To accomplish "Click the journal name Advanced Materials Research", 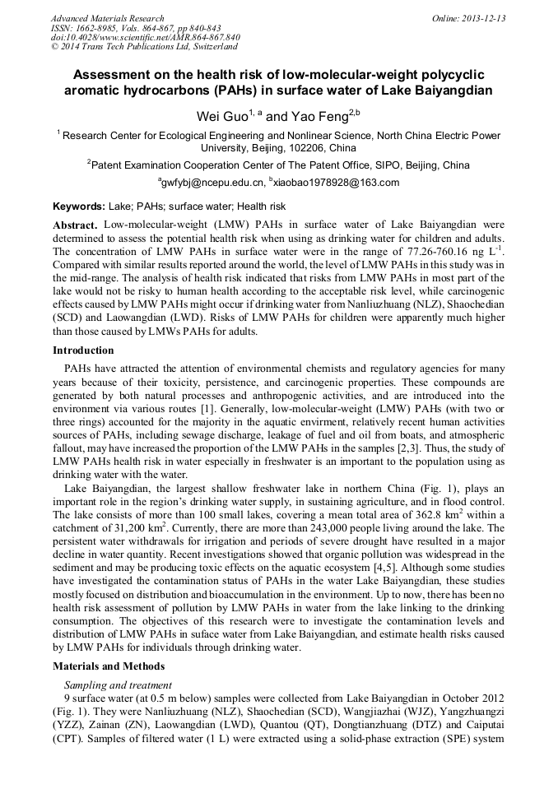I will tap(107, 18).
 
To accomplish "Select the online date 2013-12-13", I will tap(486, 18).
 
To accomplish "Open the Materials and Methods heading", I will tap(109, 666).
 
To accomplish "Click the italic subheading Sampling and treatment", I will tap(118, 685).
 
